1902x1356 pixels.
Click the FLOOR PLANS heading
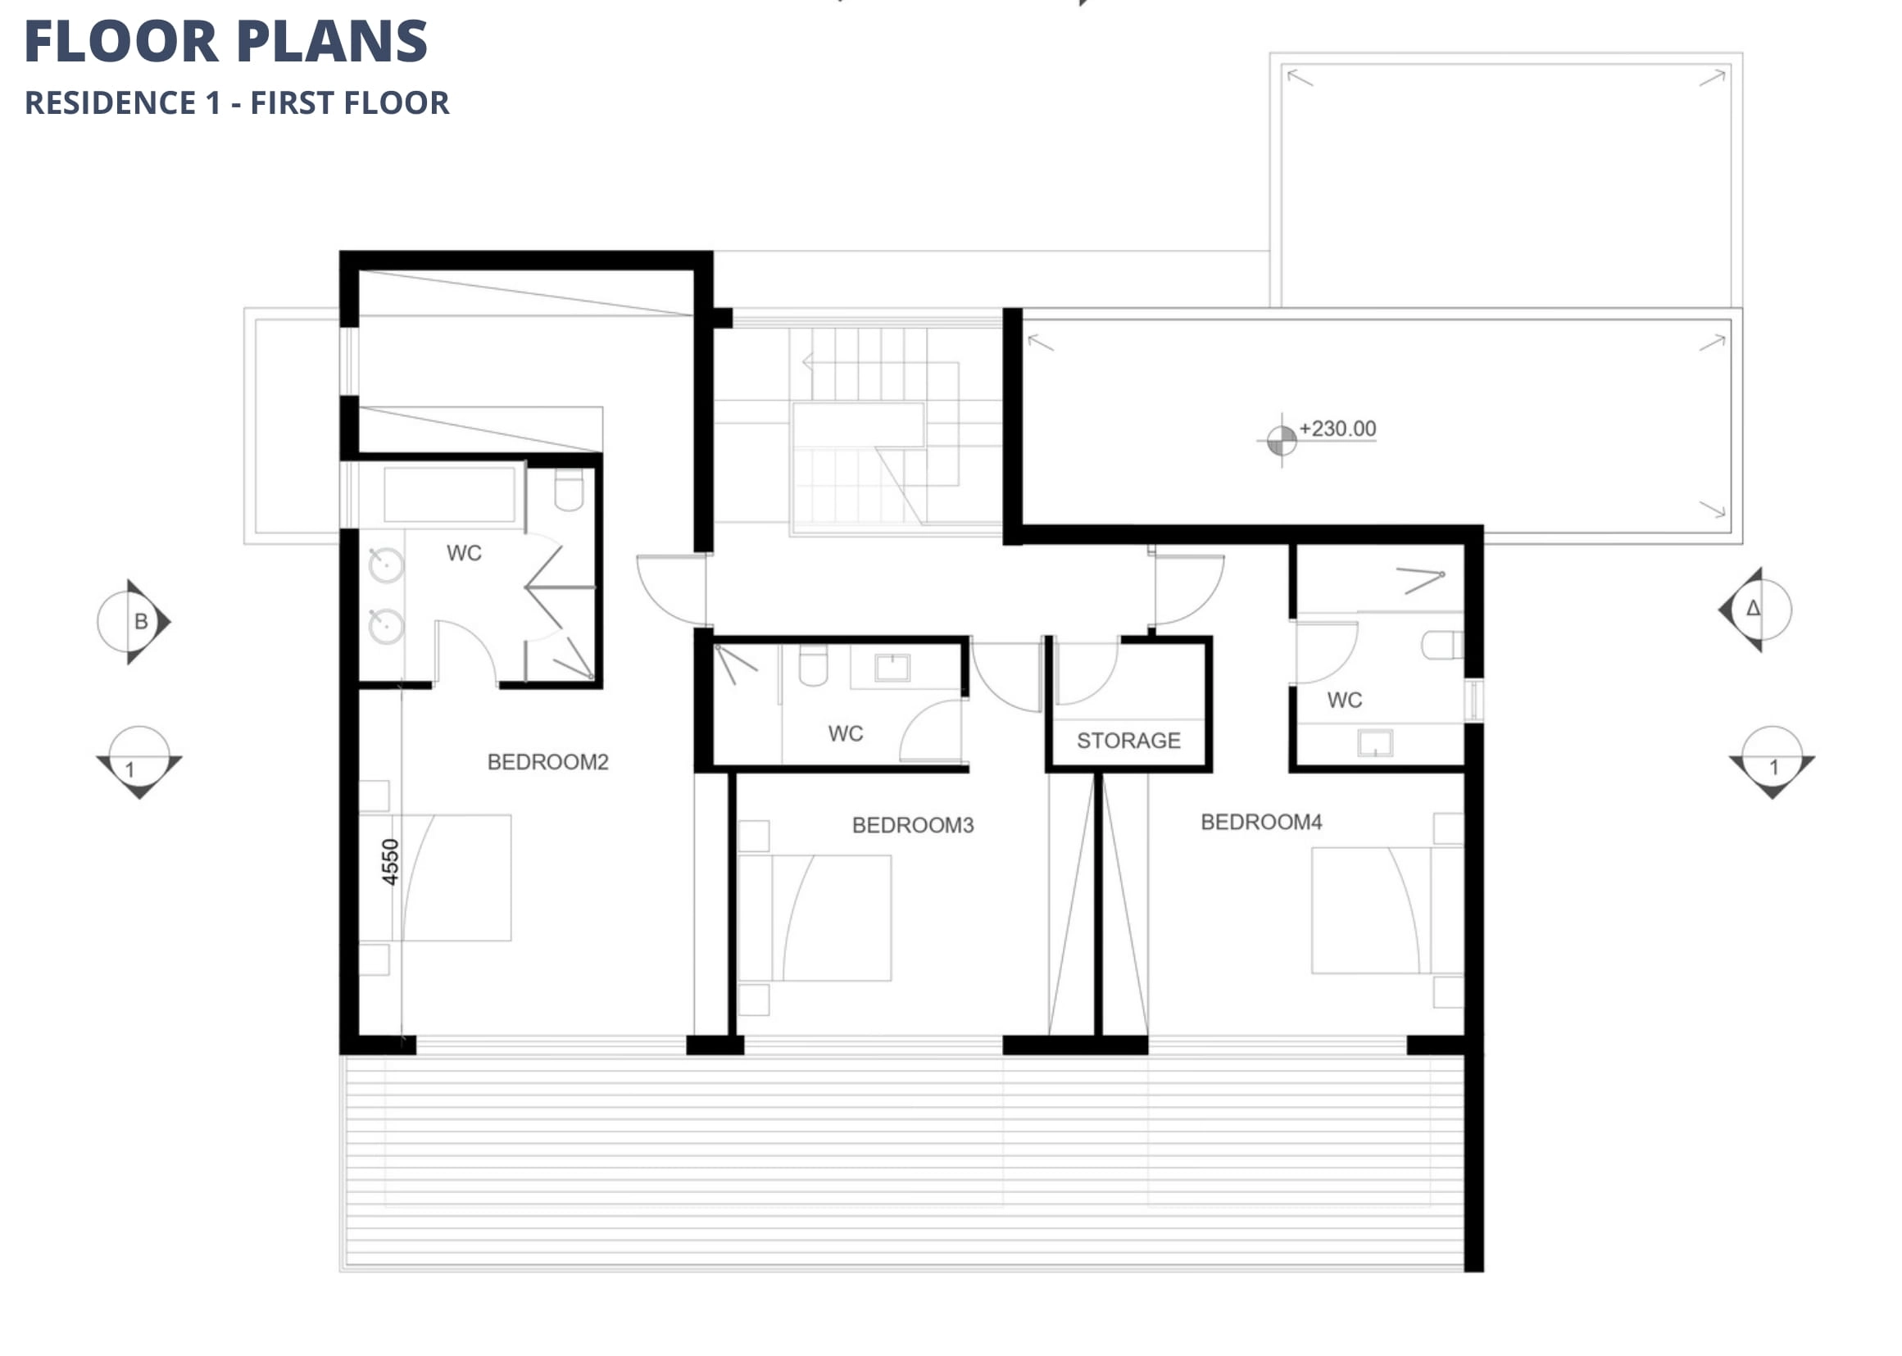pos(225,41)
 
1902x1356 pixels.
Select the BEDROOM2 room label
pos(547,761)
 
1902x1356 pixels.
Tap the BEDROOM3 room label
pos(913,825)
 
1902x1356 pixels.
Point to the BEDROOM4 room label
pos(1261,822)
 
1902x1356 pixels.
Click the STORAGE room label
pos(1128,741)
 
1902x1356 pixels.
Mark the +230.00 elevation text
pos(1337,429)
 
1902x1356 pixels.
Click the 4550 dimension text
pos(390,862)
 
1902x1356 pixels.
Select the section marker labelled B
pos(134,622)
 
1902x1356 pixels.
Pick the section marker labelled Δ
pos(1754,610)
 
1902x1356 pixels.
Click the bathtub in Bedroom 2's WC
pos(449,494)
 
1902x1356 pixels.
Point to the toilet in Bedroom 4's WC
pos(1442,645)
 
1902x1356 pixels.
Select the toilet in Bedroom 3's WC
pos(813,664)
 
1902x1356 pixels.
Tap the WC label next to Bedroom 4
pos(1344,700)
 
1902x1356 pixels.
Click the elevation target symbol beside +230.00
pos(1282,440)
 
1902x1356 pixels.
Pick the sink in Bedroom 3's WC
pos(892,667)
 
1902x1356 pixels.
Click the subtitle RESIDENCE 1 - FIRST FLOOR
pos(237,102)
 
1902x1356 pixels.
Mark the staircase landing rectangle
pos(858,425)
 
